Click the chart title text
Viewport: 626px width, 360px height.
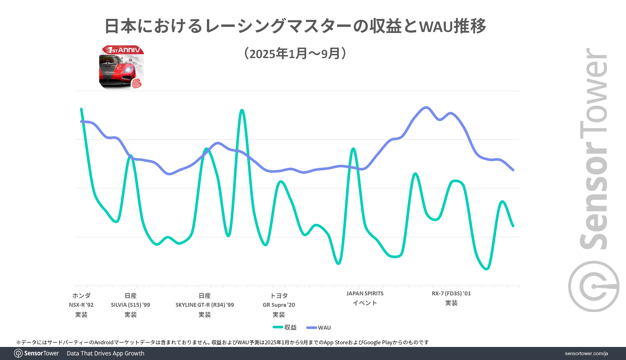click(295, 26)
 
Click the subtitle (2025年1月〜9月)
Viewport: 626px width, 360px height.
click(295, 54)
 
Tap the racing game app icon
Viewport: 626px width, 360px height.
click(121, 67)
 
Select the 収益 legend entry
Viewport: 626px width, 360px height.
click(285, 327)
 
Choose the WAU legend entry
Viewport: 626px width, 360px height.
click(319, 328)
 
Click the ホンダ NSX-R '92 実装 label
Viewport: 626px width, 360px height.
click(81, 305)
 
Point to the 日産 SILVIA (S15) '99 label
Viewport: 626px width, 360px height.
click(131, 305)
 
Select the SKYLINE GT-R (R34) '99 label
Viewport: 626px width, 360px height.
click(205, 305)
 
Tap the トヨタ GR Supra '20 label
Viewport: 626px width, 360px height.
click(279, 305)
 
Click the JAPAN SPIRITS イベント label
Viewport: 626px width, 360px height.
click(365, 298)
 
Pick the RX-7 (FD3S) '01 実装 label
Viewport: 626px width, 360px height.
click(451, 298)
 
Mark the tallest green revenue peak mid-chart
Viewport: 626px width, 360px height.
click(242, 110)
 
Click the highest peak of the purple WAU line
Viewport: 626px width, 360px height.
click(426, 107)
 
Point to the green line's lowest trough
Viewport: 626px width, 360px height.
click(486, 269)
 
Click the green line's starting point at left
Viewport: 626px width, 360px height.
click(81, 109)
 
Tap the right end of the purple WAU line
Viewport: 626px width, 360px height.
click(513, 170)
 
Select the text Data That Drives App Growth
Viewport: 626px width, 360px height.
click(105, 353)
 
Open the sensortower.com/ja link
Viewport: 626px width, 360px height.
click(586, 353)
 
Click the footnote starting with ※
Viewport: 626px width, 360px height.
click(222, 342)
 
